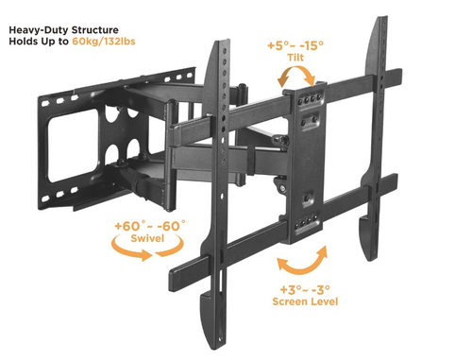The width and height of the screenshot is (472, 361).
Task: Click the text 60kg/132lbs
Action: tap(104, 42)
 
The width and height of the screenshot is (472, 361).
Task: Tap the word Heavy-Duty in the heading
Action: tap(39, 30)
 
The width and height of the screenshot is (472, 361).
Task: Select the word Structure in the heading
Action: tap(95, 30)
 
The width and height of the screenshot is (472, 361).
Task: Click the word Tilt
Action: tap(295, 58)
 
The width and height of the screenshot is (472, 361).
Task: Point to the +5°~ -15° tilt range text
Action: tap(295, 45)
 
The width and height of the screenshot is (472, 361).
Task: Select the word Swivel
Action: tap(147, 238)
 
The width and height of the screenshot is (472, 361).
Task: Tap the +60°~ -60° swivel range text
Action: tap(150, 226)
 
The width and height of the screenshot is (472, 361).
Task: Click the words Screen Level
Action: tap(305, 301)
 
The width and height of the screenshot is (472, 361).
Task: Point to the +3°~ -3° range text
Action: tap(305, 289)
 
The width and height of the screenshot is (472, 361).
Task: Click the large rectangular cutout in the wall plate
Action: tap(74, 146)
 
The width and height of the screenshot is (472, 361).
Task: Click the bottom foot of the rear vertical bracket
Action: tap(366, 239)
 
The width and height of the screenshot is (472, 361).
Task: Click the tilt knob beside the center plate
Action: tap(280, 140)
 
